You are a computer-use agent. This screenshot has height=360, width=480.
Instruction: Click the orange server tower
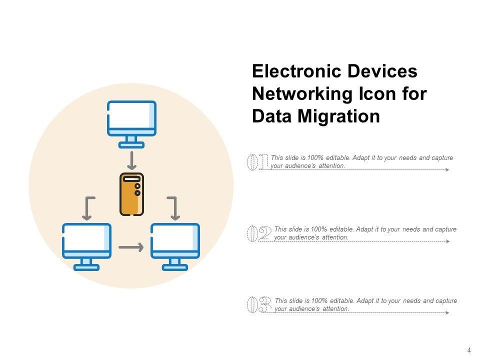132,194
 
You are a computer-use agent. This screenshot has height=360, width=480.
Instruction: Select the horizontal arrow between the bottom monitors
131,247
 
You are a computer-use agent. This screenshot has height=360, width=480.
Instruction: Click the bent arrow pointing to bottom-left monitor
88,208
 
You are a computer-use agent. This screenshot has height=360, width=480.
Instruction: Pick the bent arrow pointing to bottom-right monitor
173,208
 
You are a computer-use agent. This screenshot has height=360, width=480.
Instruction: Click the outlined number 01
258,162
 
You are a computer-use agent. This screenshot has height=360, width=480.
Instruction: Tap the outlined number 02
259,234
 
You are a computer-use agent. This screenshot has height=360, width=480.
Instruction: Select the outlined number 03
259,305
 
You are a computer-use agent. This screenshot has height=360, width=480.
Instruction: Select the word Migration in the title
338,116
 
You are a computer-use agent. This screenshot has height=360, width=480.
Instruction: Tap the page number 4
469,350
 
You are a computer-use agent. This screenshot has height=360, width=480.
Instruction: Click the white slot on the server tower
132,178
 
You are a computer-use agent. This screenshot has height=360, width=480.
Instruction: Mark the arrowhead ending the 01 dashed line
447,170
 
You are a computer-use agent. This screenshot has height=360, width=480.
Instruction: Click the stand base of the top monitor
131,145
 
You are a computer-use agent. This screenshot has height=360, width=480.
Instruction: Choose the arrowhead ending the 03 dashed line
447,313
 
